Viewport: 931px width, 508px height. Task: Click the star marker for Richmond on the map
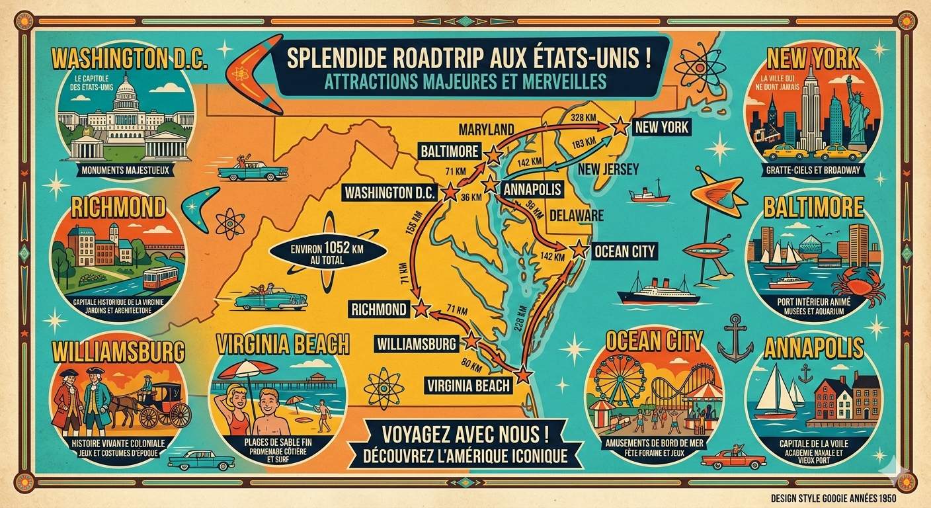(421, 308)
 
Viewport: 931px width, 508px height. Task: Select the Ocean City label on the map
(624, 251)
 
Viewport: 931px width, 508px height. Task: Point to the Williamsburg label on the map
(417, 344)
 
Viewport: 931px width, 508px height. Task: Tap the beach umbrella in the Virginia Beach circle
(247, 368)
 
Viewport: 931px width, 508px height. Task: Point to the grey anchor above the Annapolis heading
(735, 338)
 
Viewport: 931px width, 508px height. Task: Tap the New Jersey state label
(608, 169)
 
